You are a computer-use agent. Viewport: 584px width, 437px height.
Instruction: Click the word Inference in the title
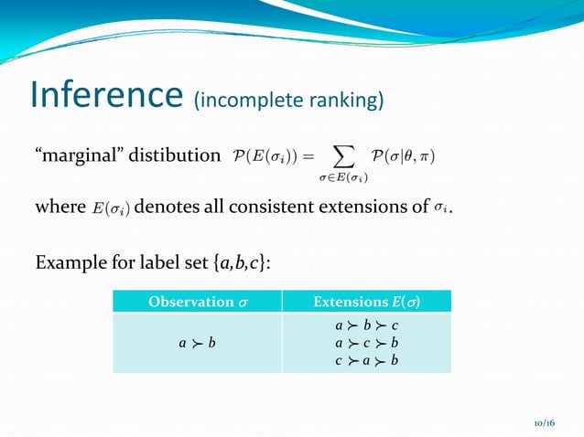(x=106, y=95)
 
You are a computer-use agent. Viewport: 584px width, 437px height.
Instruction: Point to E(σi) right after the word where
(x=112, y=208)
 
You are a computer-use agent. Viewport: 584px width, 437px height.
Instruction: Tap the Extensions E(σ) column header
(x=366, y=302)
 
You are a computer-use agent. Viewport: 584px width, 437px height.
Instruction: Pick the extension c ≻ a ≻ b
(x=366, y=360)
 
